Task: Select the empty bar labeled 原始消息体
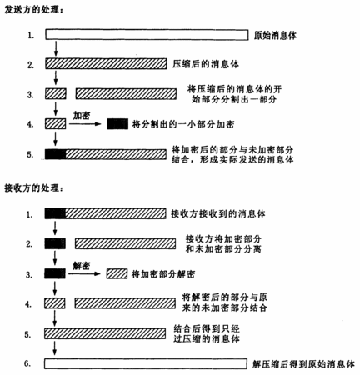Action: coord(147,35)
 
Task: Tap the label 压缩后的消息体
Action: coord(206,64)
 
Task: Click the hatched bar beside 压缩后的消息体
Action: coord(106,63)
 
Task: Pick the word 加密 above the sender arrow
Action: coord(82,115)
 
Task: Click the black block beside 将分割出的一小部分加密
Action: coord(117,124)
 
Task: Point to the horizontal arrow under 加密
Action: coord(85,124)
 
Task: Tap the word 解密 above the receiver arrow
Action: coord(82,266)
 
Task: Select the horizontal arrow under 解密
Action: coord(84,274)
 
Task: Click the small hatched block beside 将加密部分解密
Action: coord(117,274)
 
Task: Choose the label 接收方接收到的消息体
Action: coord(218,213)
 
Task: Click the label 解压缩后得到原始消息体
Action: coord(303,364)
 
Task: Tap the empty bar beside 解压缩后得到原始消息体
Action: coord(146,364)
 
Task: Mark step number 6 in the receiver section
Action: coord(27,363)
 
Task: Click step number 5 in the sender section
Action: coord(30,154)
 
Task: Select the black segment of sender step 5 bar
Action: coord(56,154)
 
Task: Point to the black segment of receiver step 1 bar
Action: coord(55,213)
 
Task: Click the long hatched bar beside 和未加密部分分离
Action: coord(125,243)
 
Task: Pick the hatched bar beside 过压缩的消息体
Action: coord(105,333)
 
